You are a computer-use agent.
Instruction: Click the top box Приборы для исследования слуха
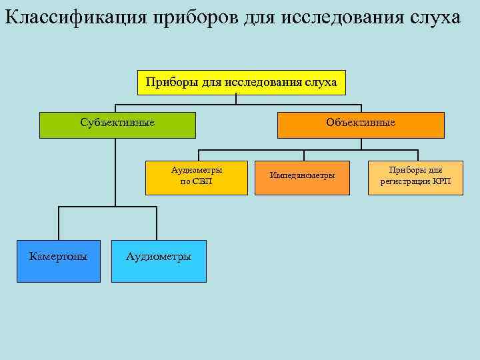[241, 83]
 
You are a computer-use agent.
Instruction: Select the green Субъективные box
[117, 125]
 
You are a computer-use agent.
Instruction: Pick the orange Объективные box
[360, 125]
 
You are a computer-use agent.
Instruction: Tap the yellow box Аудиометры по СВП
[197, 177]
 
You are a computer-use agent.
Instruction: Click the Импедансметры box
[302, 177]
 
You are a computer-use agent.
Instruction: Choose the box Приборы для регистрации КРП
[415, 177]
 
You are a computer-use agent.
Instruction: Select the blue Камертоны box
[59, 261]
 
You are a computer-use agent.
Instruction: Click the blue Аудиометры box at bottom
[159, 261]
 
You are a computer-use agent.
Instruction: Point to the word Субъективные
[117, 122]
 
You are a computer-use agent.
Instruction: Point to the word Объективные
[360, 122]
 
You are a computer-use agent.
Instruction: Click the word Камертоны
[59, 256]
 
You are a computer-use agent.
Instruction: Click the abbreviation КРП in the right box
[441, 181]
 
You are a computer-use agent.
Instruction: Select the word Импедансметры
[302, 175]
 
